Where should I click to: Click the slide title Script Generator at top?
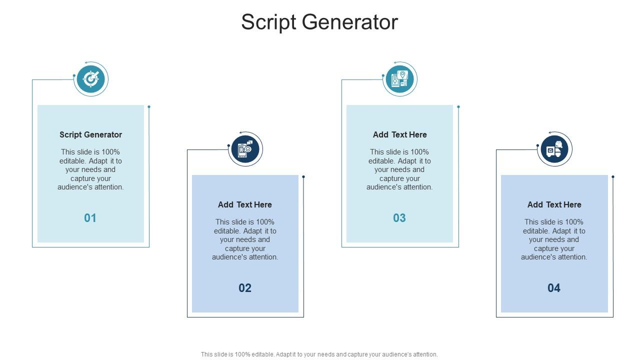coord(319,22)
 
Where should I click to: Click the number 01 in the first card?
coord(90,218)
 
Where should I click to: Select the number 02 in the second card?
coord(245,288)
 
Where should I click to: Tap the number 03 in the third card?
coord(399,218)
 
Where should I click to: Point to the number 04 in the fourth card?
coord(554,288)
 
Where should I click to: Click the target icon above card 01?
coord(90,79)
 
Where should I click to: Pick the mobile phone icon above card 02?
coord(245,149)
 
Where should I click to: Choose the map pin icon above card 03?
coord(399,79)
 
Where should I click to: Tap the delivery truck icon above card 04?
coord(554,149)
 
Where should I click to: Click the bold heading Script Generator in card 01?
coord(90,134)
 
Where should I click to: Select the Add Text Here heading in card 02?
coord(245,204)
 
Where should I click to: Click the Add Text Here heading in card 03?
coord(399,134)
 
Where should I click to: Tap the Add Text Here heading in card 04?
coord(554,204)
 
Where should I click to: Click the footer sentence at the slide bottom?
coord(319,354)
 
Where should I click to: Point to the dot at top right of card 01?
coord(149,106)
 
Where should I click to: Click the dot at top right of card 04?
coord(613,176)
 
